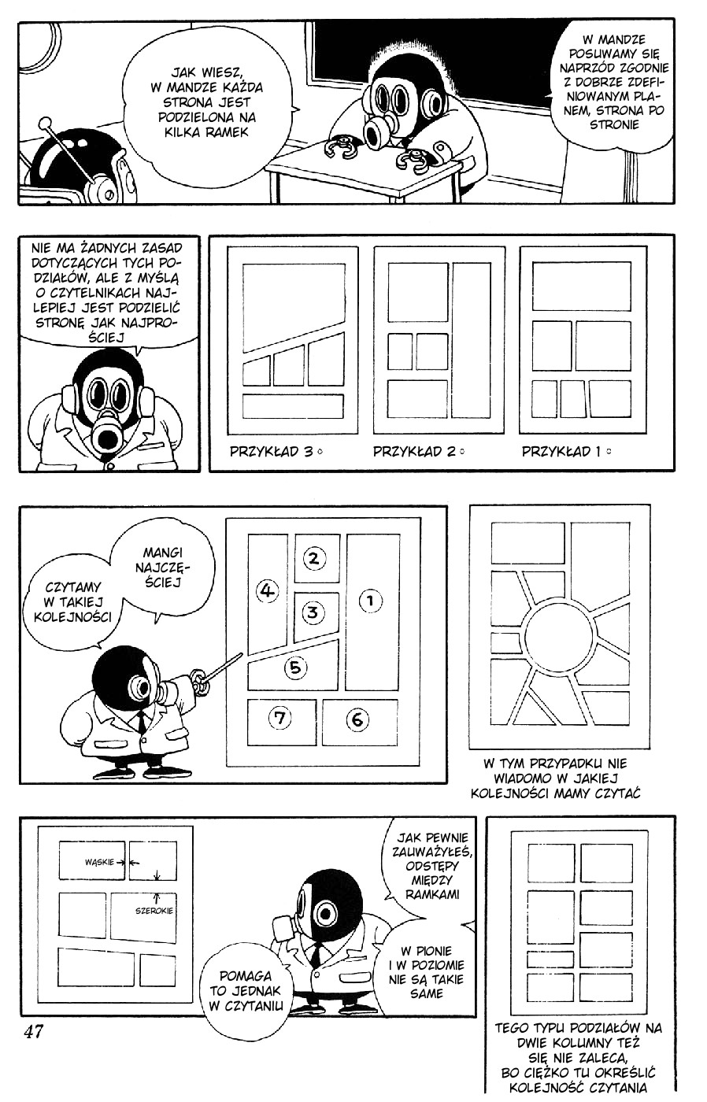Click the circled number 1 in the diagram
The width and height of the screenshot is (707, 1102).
pos(370,601)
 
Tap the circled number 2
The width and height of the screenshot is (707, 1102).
pos(313,558)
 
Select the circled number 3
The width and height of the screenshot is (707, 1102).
pos(313,612)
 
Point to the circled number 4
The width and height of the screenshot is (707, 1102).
pos(268,590)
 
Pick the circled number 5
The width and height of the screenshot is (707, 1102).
pos(294,667)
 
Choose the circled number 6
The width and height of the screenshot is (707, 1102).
pos(357,718)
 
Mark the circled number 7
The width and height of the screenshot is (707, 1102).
pos(279,717)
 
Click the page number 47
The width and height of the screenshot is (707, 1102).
pos(33,1032)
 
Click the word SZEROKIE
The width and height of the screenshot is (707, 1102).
pos(154,912)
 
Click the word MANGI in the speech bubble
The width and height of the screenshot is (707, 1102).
pos(163,553)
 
